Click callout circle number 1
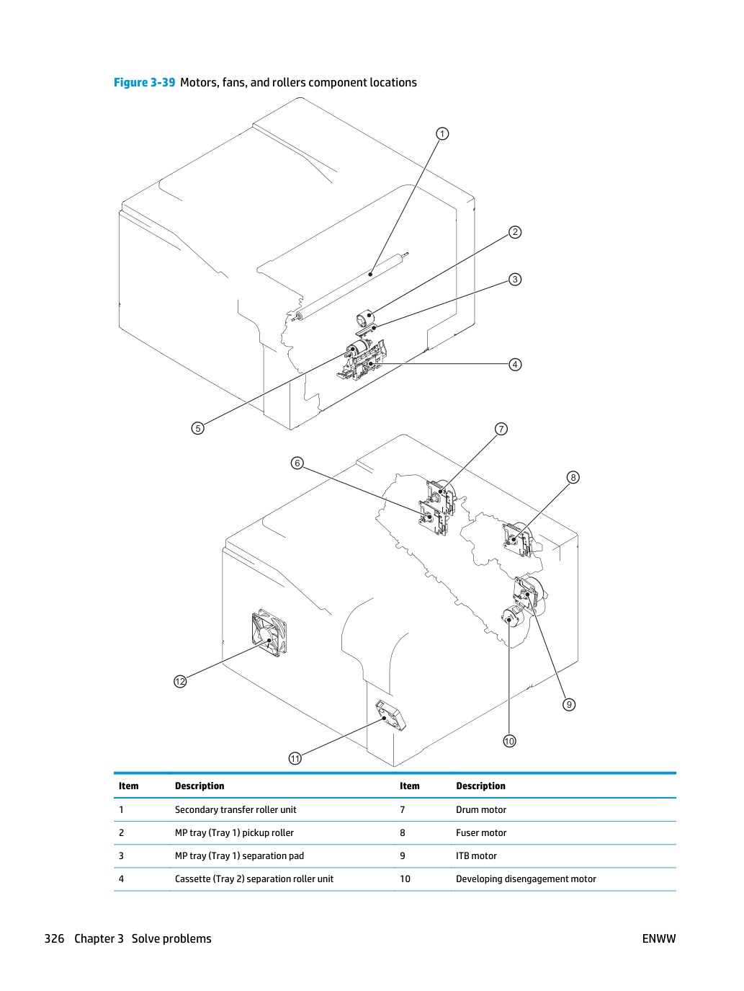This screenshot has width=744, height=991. point(442,133)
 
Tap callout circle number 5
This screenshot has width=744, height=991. point(197,428)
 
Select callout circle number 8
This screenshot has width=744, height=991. point(573,477)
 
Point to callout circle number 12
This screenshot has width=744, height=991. point(180,681)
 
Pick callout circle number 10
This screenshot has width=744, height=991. point(509,741)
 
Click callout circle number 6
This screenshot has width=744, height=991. point(297,463)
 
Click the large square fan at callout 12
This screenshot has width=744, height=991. point(269,633)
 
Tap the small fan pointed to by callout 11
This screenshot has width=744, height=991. point(390,716)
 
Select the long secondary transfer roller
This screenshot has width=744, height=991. point(351,286)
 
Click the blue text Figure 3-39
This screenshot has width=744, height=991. point(144,83)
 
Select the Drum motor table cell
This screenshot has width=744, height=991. point(481,809)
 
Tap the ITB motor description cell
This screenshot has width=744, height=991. point(476,856)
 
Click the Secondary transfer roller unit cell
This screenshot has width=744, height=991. point(236,809)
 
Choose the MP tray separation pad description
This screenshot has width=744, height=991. point(239,856)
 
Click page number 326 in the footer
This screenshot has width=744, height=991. point(54,938)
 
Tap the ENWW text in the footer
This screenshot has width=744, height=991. point(659,938)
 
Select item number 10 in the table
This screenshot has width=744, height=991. point(405,879)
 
